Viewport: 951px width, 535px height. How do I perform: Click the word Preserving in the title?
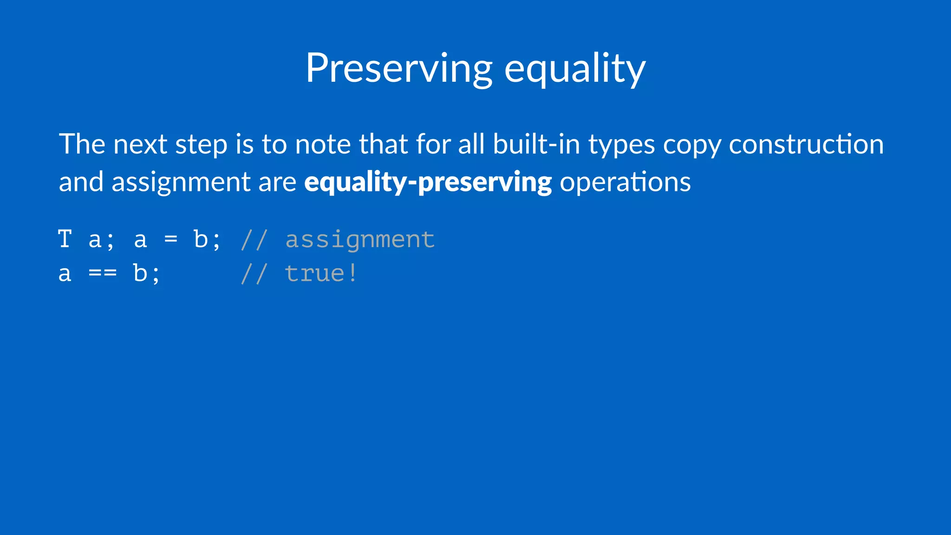[398, 69]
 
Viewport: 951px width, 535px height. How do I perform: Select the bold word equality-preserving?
[428, 182]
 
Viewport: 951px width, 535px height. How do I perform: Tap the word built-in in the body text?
[536, 144]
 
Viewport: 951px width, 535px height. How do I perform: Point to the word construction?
[806, 144]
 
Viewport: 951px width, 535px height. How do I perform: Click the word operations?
[625, 182]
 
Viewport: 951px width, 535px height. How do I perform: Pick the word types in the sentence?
[621, 145]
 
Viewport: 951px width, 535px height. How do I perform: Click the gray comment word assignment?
[360, 240]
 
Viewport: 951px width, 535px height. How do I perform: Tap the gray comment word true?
[321, 274]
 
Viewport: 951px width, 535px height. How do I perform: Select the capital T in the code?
[65, 240]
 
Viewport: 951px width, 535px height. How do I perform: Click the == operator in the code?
[103, 274]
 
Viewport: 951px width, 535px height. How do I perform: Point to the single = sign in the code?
[171, 240]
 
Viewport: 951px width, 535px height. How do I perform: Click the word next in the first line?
[140, 144]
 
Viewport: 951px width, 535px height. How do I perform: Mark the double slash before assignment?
[254, 240]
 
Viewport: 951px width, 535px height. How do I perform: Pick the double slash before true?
[254, 274]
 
